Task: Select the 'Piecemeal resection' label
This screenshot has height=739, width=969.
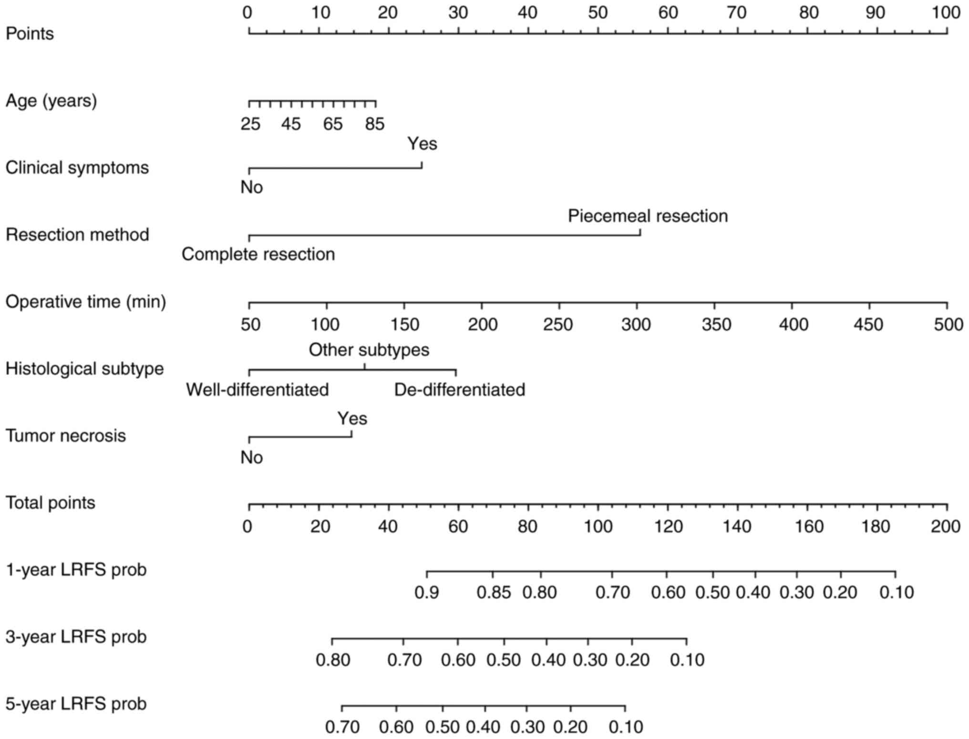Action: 648,216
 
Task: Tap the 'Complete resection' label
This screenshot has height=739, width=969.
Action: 258,254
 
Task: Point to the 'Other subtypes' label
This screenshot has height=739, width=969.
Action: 369,350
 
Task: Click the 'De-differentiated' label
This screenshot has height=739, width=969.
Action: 459,390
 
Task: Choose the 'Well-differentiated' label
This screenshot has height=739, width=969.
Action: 257,390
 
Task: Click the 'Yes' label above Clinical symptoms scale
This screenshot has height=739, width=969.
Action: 422,144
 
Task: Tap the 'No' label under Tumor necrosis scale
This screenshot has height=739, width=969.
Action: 251,458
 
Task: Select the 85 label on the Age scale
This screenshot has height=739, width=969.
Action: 374,125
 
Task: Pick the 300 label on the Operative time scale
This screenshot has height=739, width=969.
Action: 636,325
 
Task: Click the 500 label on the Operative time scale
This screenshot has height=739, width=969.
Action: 948,325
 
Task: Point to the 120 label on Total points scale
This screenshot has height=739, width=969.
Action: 668,526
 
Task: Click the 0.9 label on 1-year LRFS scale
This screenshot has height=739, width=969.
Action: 426,593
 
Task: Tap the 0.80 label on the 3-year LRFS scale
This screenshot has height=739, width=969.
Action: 333,660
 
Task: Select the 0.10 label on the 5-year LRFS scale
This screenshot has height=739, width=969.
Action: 626,728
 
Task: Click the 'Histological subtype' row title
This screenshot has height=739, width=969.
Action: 84,369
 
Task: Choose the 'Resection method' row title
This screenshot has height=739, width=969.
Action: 77,235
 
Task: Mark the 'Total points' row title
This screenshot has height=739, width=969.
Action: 50,503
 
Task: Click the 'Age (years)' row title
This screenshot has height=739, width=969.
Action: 51,101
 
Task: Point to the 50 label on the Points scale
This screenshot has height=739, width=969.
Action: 598,13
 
